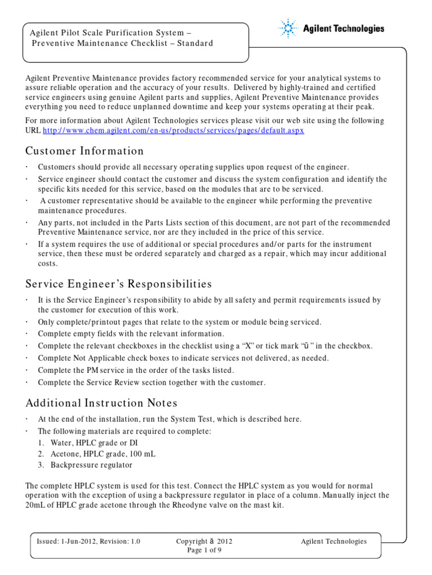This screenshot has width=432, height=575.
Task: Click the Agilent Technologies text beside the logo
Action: pyautogui.click(x=344, y=29)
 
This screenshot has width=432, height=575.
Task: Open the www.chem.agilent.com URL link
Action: pyautogui.click(x=174, y=130)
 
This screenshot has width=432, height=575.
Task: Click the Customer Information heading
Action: pyautogui.click(x=84, y=151)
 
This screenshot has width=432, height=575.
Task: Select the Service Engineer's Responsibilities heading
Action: pyautogui.click(x=119, y=284)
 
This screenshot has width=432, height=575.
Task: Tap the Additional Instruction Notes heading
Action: pyautogui.click(x=101, y=403)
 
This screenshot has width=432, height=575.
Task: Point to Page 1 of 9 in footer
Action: pyautogui.click(x=204, y=550)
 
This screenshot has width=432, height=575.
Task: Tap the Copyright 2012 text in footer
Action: pyautogui.click(x=204, y=541)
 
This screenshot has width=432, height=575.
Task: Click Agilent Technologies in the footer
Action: pyautogui.click(x=334, y=541)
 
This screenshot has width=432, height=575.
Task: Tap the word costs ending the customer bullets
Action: pyautogui.click(x=47, y=263)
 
